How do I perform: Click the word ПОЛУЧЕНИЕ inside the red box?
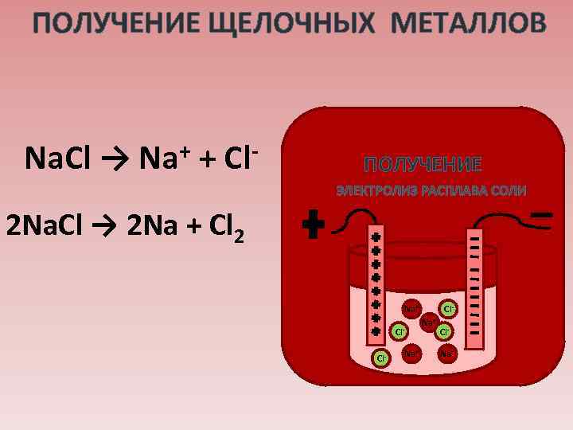[423, 165]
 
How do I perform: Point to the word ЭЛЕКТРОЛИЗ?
[376, 191]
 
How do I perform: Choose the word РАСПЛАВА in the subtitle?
[455, 191]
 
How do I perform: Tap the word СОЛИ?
[509, 191]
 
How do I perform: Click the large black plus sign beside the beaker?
[315, 225]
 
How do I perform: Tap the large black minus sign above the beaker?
[542, 216]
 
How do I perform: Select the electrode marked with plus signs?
[376, 287]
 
